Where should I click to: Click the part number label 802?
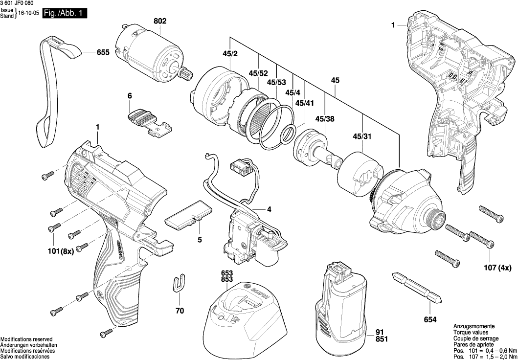[160, 22]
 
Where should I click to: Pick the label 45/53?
[276, 83]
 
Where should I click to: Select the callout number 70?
[180, 311]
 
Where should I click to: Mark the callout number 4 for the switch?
[269, 209]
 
